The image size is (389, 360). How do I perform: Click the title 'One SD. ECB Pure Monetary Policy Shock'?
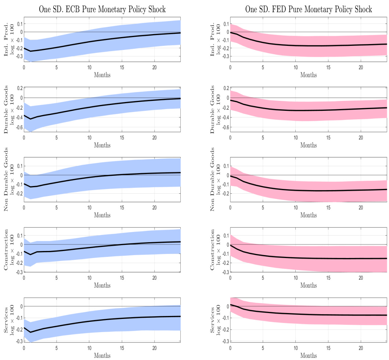pyautogui.click(x=102, y=9)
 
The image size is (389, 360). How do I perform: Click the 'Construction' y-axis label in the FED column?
pyautogui.click(x=213, y=250)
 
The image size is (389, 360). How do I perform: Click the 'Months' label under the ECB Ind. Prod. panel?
pyautogui.click(x=102, y=75)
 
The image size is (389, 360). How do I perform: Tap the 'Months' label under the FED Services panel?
pyautogui.click(x=309, y=355)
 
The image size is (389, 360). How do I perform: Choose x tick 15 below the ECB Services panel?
pyautogui.click(x=122, y=346)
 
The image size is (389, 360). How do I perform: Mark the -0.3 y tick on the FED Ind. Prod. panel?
pyautogui.click(x=224, y=57)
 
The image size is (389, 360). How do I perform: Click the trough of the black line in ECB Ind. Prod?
pyautogui.click(x=30, y=51)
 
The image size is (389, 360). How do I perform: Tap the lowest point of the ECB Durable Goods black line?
pyautogui.click(x=30, y=119)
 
